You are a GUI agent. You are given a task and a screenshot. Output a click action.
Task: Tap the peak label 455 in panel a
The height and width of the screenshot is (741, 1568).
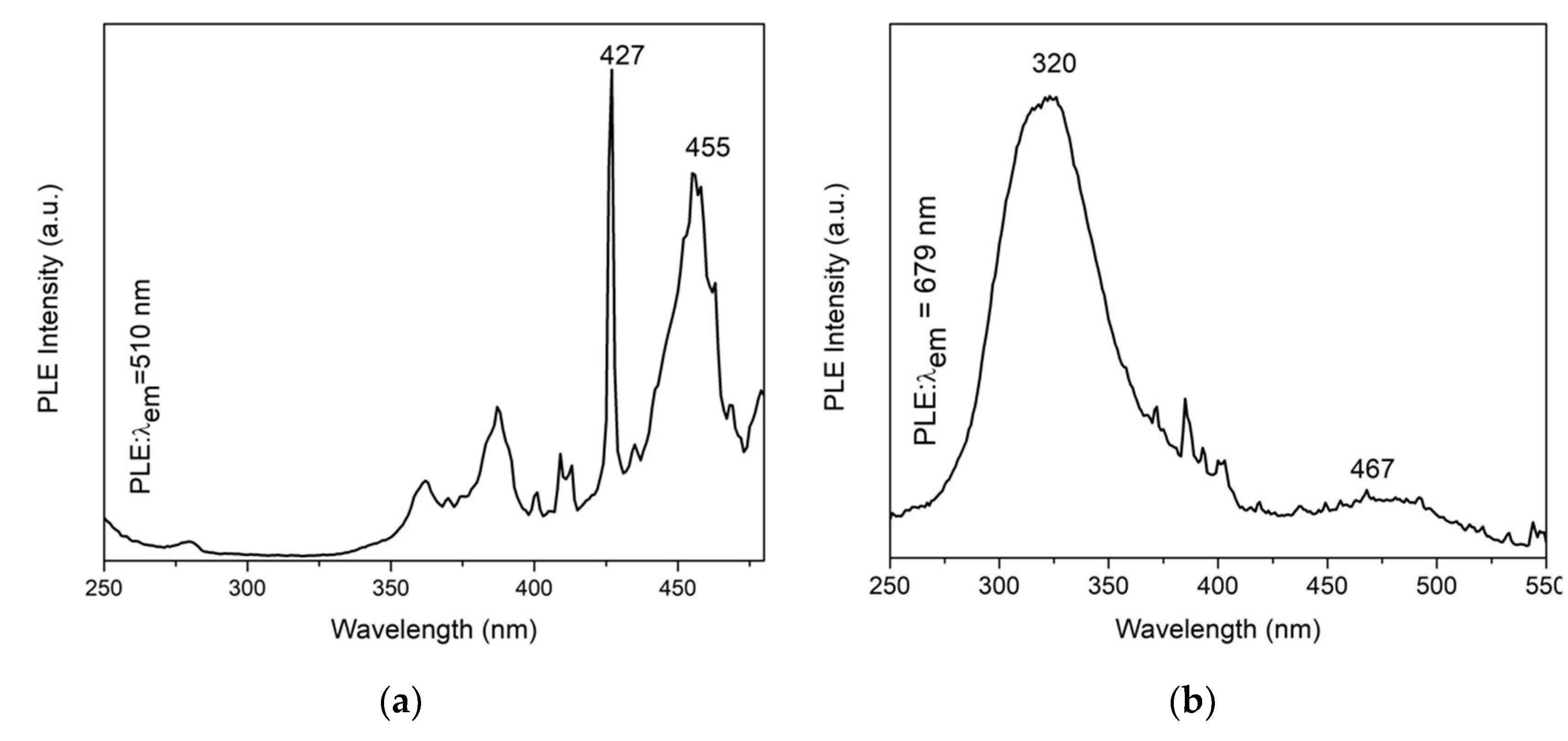point(707,148)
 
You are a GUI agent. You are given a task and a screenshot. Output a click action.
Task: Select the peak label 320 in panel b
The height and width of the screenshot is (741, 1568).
point(1054,64)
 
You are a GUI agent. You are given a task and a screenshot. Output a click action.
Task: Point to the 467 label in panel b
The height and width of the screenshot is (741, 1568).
point(1372,470)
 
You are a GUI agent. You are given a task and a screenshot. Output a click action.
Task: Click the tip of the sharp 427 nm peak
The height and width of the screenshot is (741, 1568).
point(612,71)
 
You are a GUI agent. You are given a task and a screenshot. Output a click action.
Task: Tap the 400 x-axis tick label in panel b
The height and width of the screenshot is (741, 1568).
point(1217,586)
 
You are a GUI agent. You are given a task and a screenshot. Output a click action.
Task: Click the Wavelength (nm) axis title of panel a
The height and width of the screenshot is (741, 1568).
point(434,630)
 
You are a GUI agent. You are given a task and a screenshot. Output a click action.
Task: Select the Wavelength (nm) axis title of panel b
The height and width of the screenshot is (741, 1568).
point(1217,630)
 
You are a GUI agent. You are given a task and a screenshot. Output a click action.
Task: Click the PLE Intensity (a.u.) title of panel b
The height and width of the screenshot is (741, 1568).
point(835,297)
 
